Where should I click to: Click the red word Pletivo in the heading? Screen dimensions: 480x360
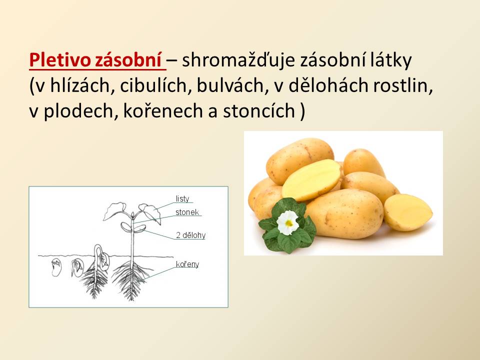[x=59, y=60]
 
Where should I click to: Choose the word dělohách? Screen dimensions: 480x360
[x=328, y=85]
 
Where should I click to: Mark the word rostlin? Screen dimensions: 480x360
[x=402, y=85]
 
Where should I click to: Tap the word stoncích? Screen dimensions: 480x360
[x=259, y=111]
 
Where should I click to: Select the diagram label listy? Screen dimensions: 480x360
[x=182, y=199]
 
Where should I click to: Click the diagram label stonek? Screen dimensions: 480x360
[x=187, y=212]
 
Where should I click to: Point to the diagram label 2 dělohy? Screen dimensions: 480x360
[x=190, y=235]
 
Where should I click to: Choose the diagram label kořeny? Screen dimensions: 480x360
[x=187, y=264]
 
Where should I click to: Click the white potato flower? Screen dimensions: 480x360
[x=288, y=222]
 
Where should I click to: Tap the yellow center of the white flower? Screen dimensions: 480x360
[x=289, y=223]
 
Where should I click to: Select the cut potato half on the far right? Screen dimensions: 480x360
[x=408, y=212]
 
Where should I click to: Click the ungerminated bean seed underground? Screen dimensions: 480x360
[x=56, y=267]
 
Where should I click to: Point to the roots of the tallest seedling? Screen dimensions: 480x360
[x=131, y=280]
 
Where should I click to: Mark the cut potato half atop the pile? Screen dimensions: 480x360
[x=311, y=179]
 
